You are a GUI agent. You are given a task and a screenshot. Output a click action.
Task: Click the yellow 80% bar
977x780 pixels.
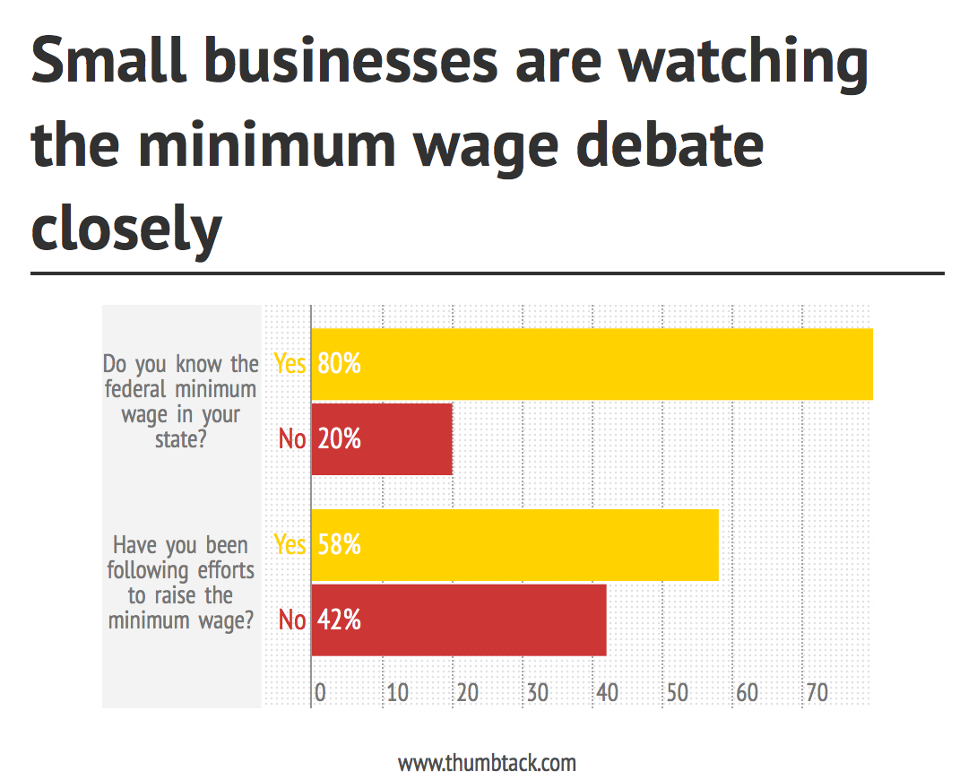592,364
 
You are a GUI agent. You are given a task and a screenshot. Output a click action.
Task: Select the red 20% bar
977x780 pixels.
382,439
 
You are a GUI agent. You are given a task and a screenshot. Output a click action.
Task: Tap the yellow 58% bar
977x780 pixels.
514,545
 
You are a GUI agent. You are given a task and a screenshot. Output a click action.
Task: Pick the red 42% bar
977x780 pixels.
459,620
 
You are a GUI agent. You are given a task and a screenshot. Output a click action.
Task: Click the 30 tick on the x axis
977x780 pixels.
537,693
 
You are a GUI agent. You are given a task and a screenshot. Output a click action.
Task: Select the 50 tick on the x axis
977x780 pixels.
677,693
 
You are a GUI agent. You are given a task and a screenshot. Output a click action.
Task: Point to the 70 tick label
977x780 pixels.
816,693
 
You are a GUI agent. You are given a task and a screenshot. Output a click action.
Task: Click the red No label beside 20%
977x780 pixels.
292,439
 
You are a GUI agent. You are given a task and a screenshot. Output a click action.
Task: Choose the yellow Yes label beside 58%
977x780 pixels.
290,545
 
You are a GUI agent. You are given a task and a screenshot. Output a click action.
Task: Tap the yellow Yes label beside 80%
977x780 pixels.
290,364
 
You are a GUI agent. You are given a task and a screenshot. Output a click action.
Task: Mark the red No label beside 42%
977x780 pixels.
292,620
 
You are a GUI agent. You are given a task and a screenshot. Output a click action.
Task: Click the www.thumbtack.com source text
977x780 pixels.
487,763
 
